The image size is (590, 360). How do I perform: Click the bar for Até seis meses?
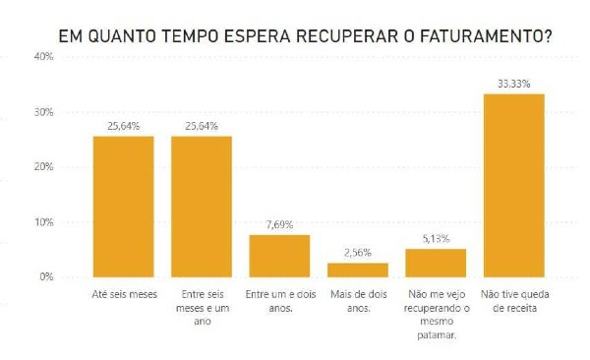point(124,207)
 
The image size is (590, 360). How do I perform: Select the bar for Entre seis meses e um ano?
point(202,207)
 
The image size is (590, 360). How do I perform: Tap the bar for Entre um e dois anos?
point(279,256)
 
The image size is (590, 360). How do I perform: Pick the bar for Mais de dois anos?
point(358,270)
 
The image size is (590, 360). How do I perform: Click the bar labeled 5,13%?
point(436,263)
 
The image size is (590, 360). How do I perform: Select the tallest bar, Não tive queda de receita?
point(514,186)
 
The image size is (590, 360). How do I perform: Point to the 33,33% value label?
point(514,84)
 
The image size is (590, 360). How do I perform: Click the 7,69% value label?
point(279,225)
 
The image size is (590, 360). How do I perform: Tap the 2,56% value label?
point(358,253)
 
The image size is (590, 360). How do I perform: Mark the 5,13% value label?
point(436,239)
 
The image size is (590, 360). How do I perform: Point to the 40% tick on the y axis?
point(44,57)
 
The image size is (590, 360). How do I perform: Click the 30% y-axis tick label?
point(44,112)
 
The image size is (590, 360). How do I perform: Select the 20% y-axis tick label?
point(44,167)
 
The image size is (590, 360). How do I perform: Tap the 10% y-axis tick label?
point(44,222)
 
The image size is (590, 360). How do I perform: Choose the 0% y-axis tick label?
point(46,276)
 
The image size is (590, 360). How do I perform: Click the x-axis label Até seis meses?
point(124,294)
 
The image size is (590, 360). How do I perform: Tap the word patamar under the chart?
point(437,335)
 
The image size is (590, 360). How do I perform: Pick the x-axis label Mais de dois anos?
point(358,301)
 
